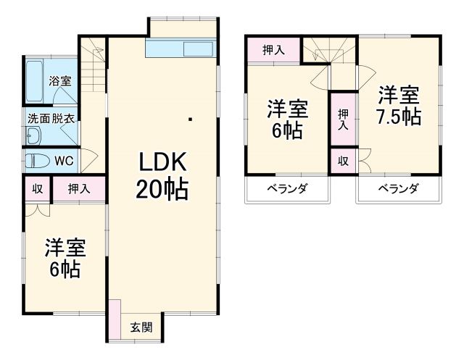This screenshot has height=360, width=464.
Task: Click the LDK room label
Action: [162, 160]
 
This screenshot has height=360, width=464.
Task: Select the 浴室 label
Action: [59, 81]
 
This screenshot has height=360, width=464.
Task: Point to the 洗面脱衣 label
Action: [51, 117]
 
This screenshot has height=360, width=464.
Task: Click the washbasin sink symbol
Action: [33, 136]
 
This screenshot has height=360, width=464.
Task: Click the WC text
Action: [63, 160]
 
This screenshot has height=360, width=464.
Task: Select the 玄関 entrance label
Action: [141, 327]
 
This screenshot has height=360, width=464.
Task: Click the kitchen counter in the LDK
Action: [181, 49]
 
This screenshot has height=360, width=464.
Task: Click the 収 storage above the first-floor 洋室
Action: [37, 189]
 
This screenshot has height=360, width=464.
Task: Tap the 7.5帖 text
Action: [399, 116]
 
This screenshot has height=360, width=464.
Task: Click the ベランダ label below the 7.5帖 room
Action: [398, 189]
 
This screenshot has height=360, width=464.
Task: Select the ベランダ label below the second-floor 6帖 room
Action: [287, 189]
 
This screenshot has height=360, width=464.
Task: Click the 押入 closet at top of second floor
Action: [273, 50]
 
